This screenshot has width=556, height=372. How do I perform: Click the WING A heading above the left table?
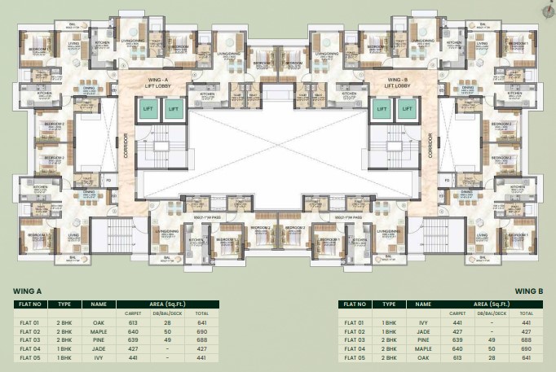pos(28,289)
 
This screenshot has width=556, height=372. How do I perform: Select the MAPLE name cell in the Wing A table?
pos(100,331)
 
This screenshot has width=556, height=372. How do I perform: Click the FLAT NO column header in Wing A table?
pos(30,304)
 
